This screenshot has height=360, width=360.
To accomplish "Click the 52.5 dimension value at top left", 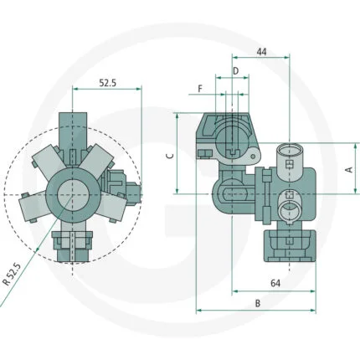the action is click(x=107, y=83).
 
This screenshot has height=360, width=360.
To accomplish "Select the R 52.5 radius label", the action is click(x=13, y=275).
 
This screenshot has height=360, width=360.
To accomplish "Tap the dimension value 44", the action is click(x=261, y=52).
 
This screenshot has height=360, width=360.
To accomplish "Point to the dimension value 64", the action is click(x=275, y=283).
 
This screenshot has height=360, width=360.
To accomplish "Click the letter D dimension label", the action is click(x=236, y=71).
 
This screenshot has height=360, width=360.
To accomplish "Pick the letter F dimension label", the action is click(x=200, y=89).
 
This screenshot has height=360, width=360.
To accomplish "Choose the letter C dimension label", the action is click(x=171, y=156).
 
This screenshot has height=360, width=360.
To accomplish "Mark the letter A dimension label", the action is click(x=349, y=169).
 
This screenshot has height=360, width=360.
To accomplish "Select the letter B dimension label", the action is click(x=258, y=303).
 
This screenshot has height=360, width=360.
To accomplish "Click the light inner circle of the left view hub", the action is click(x=73, y=195).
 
